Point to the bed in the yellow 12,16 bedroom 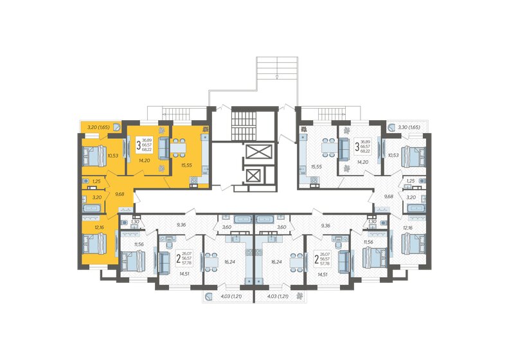(x=92, y=244)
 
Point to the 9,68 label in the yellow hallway (x=119, y=193)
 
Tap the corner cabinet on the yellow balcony (x=118, y=127)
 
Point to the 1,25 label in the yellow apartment (x=96, y=182)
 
